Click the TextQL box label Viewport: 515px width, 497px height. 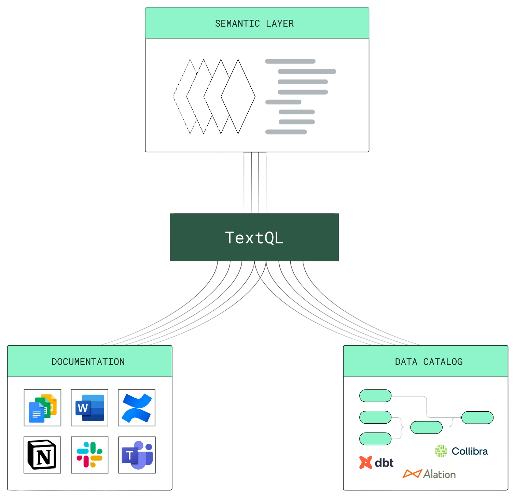[x=254, y=238]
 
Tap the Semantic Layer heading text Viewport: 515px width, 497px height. [x=254, y=24]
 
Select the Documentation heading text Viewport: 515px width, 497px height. [x=88, y=362]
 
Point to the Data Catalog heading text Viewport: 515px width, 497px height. [x=429, y=362]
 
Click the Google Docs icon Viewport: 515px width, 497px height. [x=42, y=408]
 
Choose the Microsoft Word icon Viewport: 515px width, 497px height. [x=89, y=408]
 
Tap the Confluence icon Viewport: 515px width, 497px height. [x=137, y=408]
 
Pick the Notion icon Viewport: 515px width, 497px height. [x=42, y=455]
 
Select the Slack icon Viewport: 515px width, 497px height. [x=89, y=455]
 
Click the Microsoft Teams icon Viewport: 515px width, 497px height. [x=137, y=455]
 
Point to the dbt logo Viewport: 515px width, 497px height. [x=376, y=463]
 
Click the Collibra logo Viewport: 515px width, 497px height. [x=461, y=451]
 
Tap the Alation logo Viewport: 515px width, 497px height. [x=429, y=474]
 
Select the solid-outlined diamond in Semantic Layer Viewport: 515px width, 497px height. [x=238, y=97]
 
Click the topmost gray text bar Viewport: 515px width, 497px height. [x=290, y=61]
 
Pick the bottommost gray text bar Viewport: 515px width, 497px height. [x=286, y=132]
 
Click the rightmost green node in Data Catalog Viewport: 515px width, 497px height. [x=477, y=417]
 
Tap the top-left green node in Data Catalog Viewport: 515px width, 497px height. [x=375, y=396]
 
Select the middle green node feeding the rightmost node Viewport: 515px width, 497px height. [x=426, y=427]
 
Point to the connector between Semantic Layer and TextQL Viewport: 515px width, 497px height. [x=255, y=183]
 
